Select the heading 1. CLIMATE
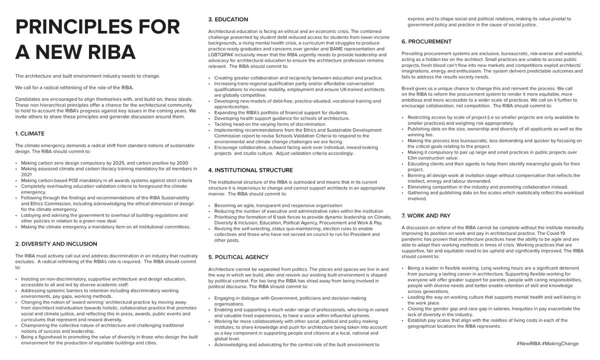(x=30, y=133)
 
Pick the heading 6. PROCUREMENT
(x=426, y=41)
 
